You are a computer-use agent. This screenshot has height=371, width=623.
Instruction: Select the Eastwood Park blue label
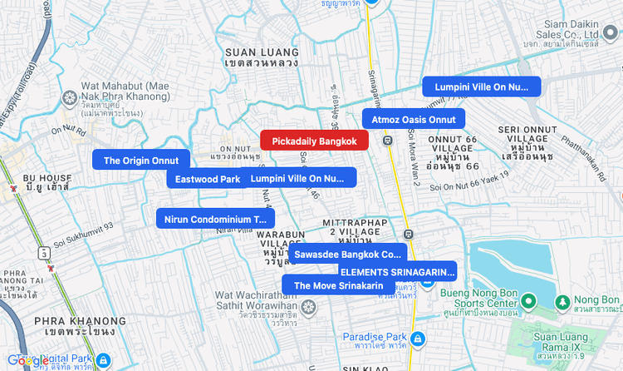[207, 178]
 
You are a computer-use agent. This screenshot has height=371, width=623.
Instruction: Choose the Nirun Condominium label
[215, 219]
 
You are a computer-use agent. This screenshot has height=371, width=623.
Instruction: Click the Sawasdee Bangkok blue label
[347, 254]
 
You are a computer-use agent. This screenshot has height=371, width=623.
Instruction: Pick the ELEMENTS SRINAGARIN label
[398, 271]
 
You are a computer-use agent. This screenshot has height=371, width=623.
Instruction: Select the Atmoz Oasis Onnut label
[413, 119]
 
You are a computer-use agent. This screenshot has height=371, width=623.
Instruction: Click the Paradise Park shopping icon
[418, 339]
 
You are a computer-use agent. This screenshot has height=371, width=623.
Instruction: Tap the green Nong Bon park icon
[562, 300]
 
